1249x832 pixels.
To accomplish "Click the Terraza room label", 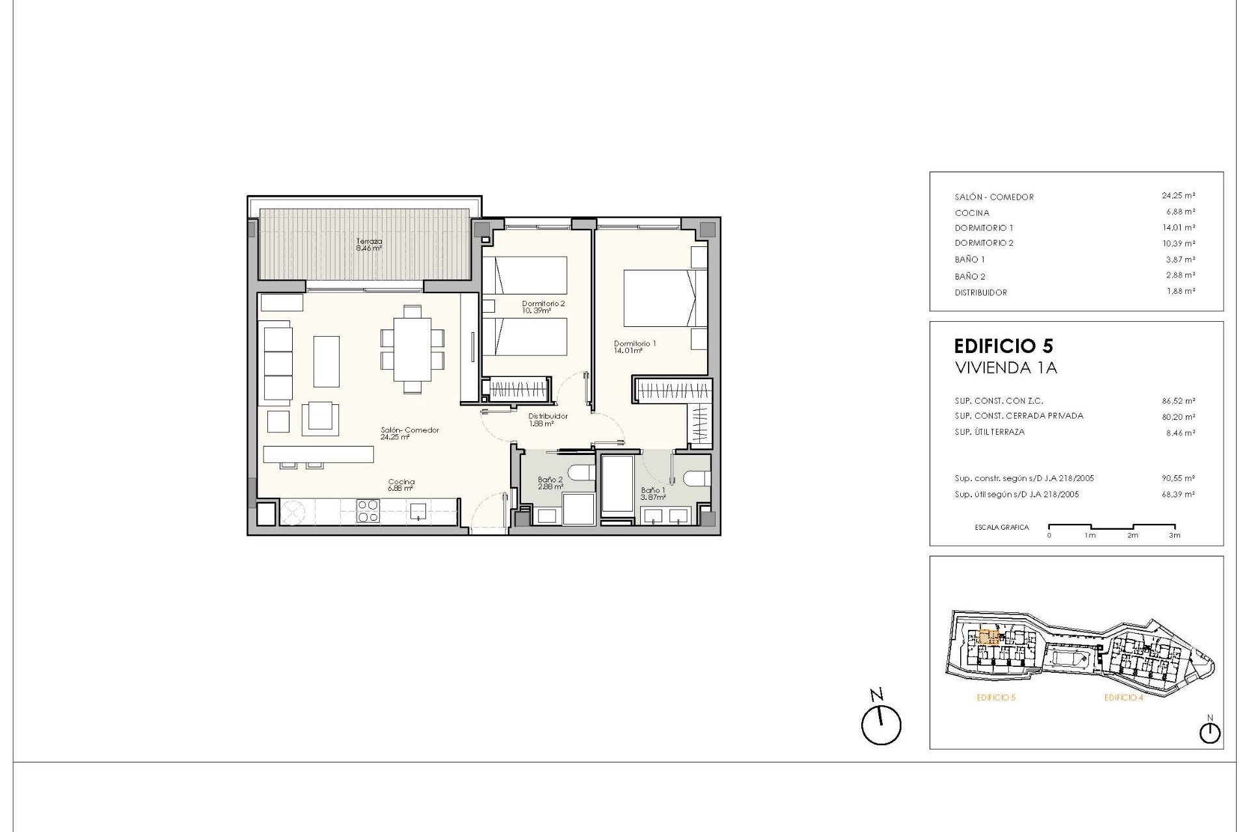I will coord(369,244).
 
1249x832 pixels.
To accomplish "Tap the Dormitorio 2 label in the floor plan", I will coord(543,307).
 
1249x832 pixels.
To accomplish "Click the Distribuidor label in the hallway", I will coord(547,419).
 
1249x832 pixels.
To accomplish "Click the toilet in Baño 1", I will coord(696,478).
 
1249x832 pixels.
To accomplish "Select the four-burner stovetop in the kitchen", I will coord(368,511).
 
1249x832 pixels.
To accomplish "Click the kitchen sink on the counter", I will coord(418,511).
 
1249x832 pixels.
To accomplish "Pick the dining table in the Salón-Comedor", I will coord(412,349).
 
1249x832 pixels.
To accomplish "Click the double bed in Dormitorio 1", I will coord(664,298).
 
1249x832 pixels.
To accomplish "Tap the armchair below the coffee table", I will coord(320,418).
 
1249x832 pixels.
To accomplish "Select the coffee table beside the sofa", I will coord(327,361).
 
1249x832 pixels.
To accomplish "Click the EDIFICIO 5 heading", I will coord(1003,346).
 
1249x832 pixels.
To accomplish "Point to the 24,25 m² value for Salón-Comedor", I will coord(1178,196).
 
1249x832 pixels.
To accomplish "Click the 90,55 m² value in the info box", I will coord(1178,478).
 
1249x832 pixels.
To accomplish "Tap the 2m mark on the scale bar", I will coord(1133,536).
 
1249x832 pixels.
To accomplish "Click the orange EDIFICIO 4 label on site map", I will coord(1123,697).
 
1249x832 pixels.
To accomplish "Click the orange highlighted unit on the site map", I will coord(989,636).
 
